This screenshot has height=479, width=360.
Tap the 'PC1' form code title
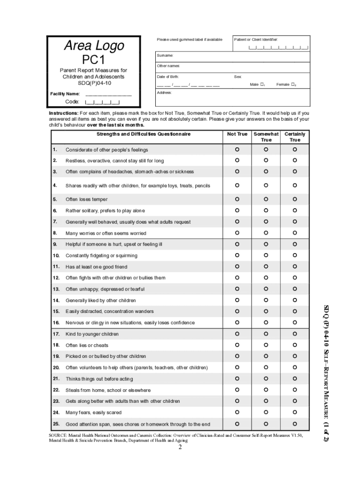pyautogui.click(x=94, y=60)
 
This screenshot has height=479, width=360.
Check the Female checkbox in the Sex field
pyautogui.click(x=293, y=85)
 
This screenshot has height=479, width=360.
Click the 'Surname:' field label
pyautogui.click(x=165, y=55)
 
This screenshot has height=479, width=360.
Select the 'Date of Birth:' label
pyautogui.click(x=167, y=76)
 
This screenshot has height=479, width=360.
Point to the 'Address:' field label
pyautogui.click(x=164, y=93)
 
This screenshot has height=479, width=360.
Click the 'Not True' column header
pyautogui.click(x=237, y=134)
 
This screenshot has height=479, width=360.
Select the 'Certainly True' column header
pyautogui.click(x=295, y=137)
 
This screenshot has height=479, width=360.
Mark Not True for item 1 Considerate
pyautogui.click(x=237, y=150)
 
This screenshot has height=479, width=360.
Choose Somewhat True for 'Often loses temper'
pyautogui.click(x=266, y=199)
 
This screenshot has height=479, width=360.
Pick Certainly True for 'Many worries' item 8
pyautogui.click(x=295, y=232)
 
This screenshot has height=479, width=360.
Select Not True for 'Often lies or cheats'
pyautogui.click(x=237, y=345)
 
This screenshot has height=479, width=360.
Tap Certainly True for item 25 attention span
pyautogui.click(x=295, y=424)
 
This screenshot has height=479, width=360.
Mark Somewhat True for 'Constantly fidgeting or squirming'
pyautogui.click(x=266, y=255)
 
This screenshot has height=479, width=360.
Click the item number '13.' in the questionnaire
pyautogui.click(x=56, y=289)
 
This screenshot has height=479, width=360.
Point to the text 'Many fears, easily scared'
pyautogui.click(x=94, y=413)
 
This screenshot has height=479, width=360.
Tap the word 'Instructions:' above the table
pyautogui.click(x=64, y=113)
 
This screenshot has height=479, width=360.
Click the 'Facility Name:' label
pyautogui.click(x=65, y=94)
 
